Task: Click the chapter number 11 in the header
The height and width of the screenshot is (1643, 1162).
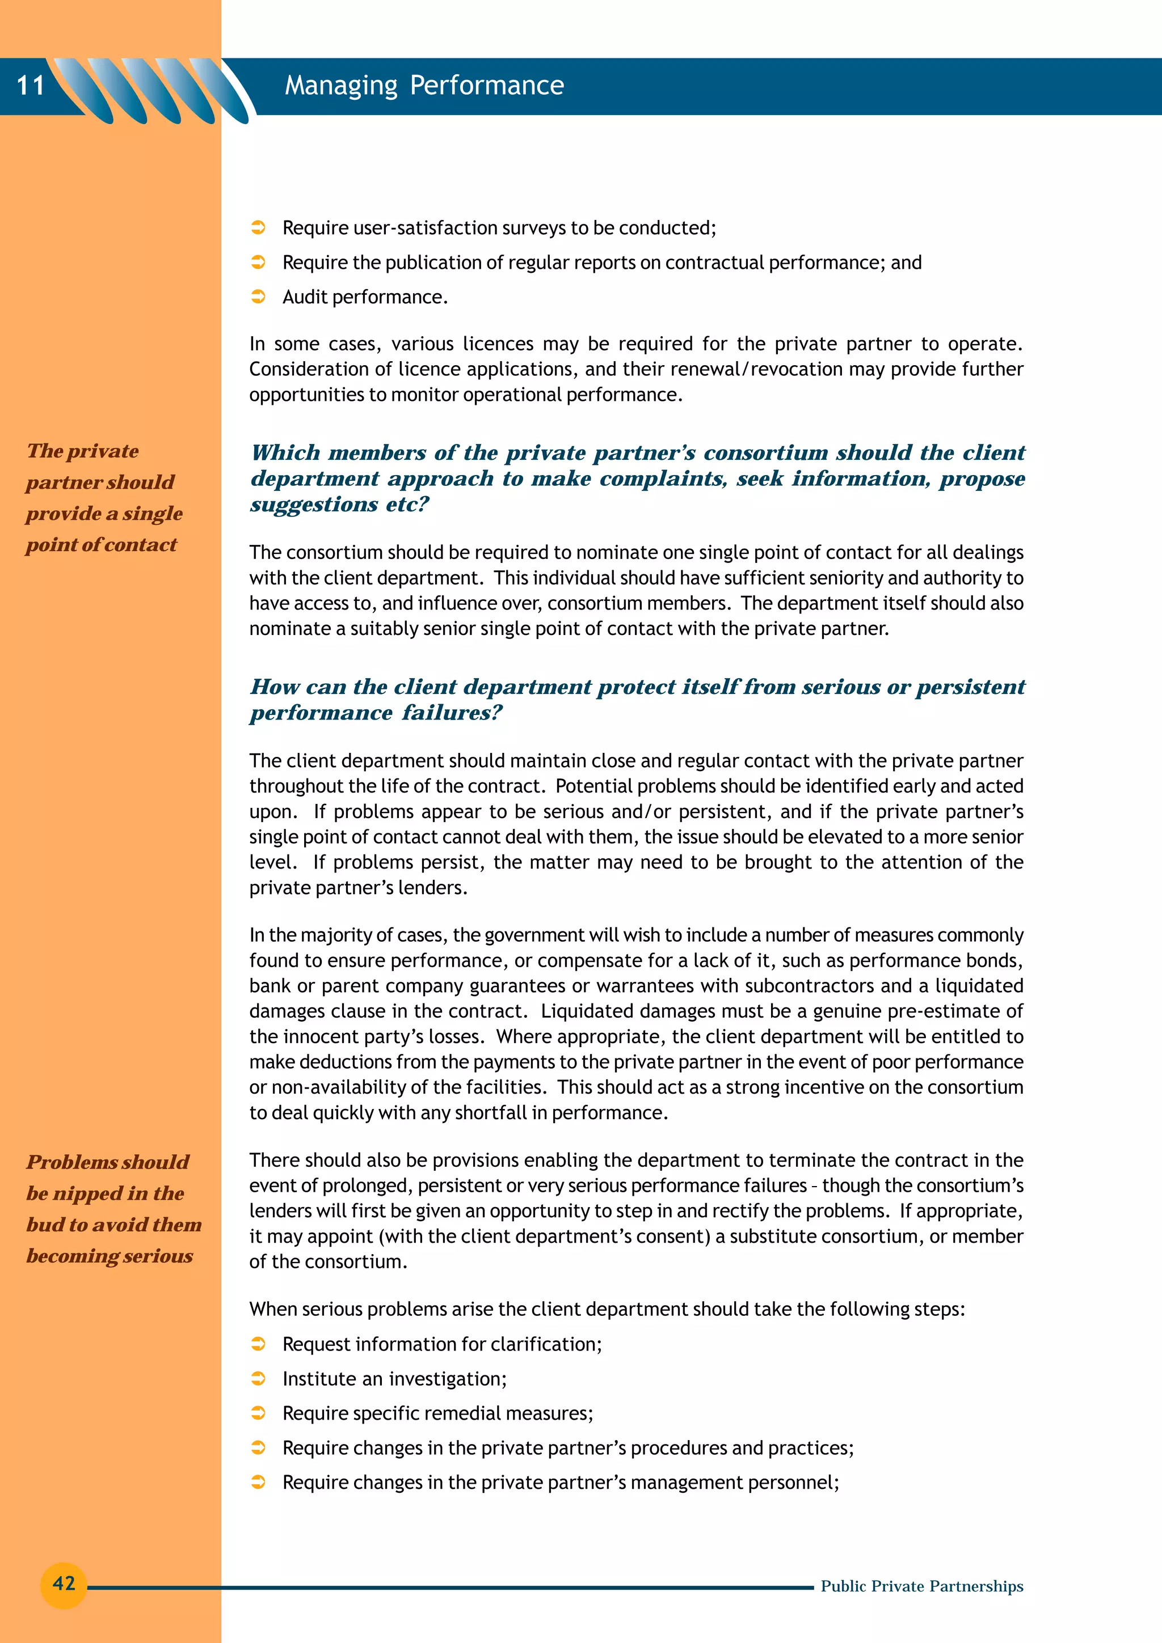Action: tap(31, 86)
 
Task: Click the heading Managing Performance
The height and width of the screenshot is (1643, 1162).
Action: tap(424, 86)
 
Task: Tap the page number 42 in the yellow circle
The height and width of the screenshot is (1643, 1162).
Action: tap(64, 1582)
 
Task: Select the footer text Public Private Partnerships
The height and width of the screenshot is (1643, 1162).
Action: tap(921, 1586)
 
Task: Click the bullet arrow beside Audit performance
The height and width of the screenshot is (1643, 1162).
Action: tap(259, 297)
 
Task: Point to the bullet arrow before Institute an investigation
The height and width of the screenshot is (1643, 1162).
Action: tap(259, 1378)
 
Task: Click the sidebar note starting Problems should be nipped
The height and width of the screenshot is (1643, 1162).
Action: tap(112, 1208)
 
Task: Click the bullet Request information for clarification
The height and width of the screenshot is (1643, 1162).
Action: tap(442, 1344)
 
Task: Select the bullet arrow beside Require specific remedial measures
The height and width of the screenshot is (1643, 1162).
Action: tap(259, 1413)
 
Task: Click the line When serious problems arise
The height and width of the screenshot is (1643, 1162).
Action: tap(607, 1309)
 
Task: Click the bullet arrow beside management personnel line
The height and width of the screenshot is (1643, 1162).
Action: tap(259, 1482)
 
